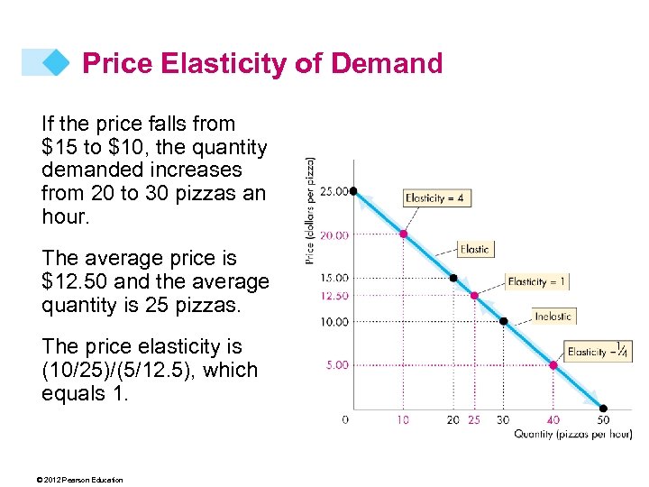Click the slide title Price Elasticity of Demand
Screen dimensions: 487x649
tap(262, 63)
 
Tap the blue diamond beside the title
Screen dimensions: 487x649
tap(56, 62)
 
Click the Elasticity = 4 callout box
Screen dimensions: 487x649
tap(438, 198)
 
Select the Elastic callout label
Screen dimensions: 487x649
tap(475, 249)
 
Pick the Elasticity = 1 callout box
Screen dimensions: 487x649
tap(536, 281)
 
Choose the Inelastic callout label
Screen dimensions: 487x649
tap(553, 316)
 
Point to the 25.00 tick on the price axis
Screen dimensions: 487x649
tap(334, 191)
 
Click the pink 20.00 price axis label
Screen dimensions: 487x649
tap(334, 234)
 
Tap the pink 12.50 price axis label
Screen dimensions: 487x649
tap(334, 296)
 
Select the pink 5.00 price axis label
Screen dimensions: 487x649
tap(337, 365)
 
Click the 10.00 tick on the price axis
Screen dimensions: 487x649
tap(334, 322)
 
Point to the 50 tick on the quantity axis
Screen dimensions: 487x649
tap(603, 419)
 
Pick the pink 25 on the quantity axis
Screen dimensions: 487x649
tap(475, 419)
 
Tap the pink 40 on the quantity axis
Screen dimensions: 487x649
tap(553, 419)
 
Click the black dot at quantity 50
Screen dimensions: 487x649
tap(603, 409)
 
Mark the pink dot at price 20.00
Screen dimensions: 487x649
tap(404, 234)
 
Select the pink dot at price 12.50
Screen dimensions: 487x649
tap(475, 296)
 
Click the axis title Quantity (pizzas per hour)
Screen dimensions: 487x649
tap(572, 435)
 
